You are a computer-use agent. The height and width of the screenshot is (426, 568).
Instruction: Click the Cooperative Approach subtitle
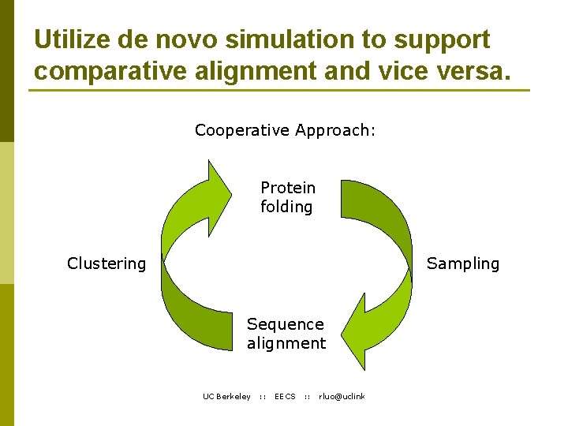click(x=285, y=130)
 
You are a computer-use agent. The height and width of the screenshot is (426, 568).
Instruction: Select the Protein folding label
click(x=287, y=197)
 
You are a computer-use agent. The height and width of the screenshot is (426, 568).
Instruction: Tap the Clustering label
click(x=106, y=263)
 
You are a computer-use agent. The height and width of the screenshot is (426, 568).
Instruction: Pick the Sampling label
click(x=463, y=263)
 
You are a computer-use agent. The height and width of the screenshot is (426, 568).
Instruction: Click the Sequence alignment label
click(x=286, y=334)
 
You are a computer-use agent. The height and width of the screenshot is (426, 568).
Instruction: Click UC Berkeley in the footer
click(x=226, y=396)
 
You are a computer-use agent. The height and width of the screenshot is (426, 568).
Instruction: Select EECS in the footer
click(x=285, y=396)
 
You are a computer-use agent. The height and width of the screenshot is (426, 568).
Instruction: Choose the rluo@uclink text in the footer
click(x=342, y=396)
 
